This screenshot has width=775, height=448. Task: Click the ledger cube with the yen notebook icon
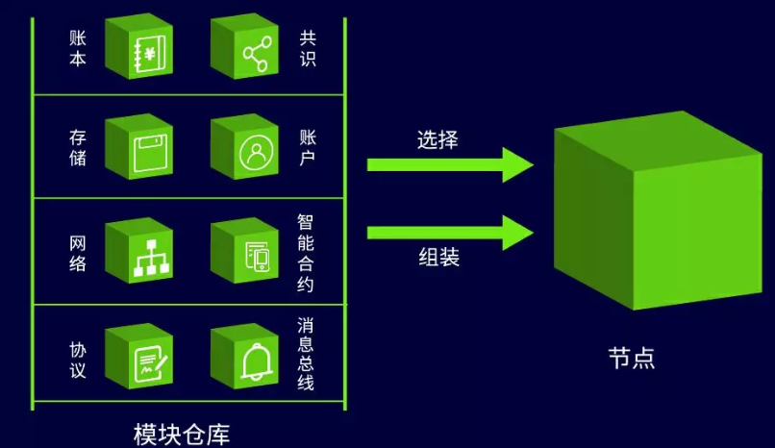138,46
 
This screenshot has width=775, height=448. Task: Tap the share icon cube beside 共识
244,46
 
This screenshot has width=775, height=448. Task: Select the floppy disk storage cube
138,147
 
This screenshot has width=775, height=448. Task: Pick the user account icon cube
244,147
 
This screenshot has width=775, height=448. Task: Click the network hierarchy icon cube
138,251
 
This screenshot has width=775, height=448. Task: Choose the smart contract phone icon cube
244,251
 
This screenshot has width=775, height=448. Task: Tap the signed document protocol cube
138,356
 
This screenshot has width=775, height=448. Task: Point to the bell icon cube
244,356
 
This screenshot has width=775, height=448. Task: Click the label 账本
78,48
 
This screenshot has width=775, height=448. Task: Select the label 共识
308,48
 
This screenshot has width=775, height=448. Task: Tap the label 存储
78,148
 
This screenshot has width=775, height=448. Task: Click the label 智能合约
306,253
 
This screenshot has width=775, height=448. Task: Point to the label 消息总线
306,354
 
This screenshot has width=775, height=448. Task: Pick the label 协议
78,361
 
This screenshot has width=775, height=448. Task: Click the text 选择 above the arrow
437,139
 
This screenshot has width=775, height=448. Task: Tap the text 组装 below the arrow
438,258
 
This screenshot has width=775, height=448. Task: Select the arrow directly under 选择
450,165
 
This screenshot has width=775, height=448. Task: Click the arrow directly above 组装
450,233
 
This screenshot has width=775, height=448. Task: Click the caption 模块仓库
182,435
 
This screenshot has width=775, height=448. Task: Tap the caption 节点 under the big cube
632,358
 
